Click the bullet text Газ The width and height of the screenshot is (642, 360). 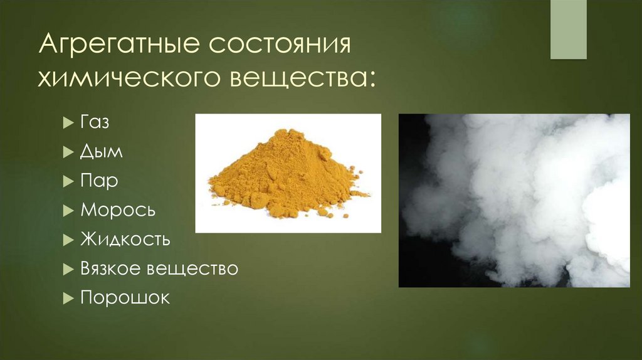pos(95,123)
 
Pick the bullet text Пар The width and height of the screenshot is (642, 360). pos(99,181)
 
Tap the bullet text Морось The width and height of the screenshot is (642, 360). pos(118,210)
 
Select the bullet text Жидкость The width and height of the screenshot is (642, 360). pos(125,239)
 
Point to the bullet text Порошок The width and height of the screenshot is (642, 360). pos(125,297)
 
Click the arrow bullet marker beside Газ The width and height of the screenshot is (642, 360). pos(68,124)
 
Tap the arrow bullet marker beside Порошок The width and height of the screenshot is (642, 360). pos(68,298)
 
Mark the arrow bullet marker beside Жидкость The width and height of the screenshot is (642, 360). pos(68,240)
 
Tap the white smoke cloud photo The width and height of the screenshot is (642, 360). pos(514,201)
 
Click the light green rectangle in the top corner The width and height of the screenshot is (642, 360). pos(568,29)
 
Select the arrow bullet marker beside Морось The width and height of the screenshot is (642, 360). pos(68,211)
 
